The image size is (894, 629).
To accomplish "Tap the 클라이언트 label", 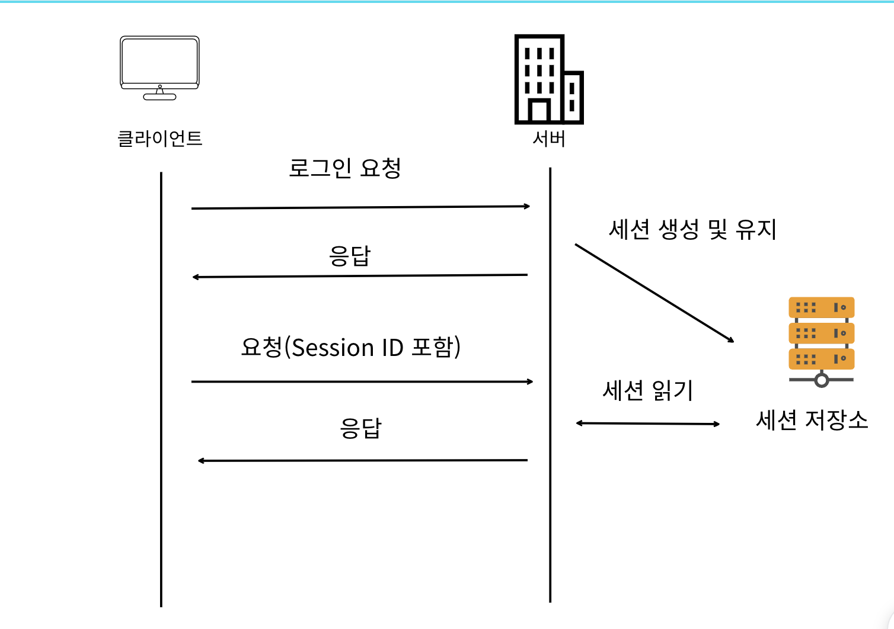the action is point(160,139).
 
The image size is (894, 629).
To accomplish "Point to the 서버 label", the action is point(549,139).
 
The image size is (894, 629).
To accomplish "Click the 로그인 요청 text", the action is point(345,168).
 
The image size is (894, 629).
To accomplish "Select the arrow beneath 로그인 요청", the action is point(360,207).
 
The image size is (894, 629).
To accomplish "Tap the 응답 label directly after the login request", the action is point(350,256).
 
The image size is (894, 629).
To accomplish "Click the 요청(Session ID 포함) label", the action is point(351,348).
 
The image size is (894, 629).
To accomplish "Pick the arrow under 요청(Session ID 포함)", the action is point(362,382).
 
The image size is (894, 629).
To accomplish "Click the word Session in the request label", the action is point(333,348).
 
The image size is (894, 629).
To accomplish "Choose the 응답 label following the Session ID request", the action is point(360,428).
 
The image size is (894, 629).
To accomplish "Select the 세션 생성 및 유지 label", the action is point(692,229).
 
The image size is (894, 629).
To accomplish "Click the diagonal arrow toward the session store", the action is point(654,293).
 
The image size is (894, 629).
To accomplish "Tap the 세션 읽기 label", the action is point(648,391).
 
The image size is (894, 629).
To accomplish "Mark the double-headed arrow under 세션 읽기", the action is point(648,423).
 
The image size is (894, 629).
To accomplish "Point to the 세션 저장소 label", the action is point(812,420).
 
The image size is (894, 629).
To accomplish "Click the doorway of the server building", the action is point(539,111).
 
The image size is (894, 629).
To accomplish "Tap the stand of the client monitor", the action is point(159,94).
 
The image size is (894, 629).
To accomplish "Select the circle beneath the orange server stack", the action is point(821,380).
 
